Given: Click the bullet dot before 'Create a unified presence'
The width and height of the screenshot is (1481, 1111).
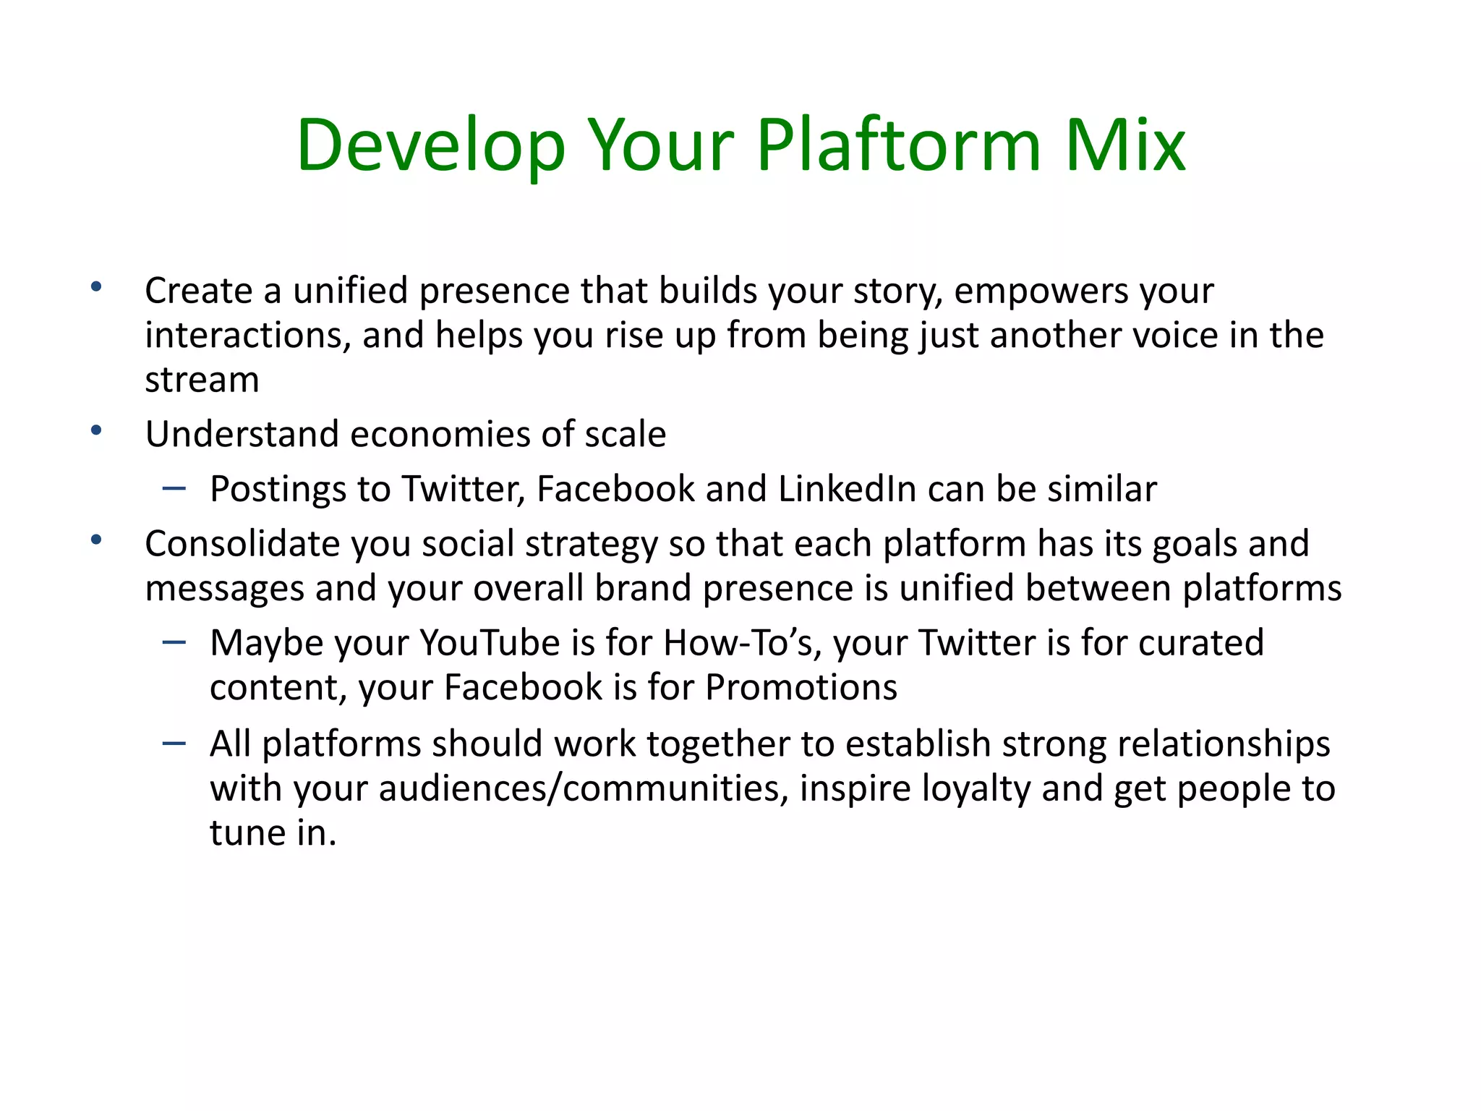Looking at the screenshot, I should click(96, 287).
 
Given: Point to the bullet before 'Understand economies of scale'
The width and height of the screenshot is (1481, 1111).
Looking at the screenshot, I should click(96, 431).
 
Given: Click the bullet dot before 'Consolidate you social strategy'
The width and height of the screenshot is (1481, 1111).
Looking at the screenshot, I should click(96, 540).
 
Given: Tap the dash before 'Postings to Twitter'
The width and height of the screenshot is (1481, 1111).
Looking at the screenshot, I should click(174, 489).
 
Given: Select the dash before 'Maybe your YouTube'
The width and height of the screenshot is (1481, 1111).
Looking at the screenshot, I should click(174, 642).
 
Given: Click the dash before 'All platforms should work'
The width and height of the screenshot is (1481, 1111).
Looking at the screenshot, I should click(174, 743).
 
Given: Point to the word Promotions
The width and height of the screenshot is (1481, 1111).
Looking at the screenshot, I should click(801, 687).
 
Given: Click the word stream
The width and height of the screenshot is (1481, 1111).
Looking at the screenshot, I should click(202, 380).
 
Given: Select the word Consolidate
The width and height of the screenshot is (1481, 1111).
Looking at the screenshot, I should click(242, 543).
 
